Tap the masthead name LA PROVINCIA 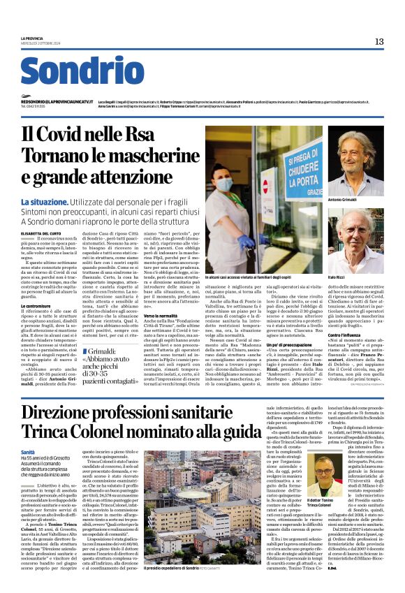(x=31, y=38)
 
